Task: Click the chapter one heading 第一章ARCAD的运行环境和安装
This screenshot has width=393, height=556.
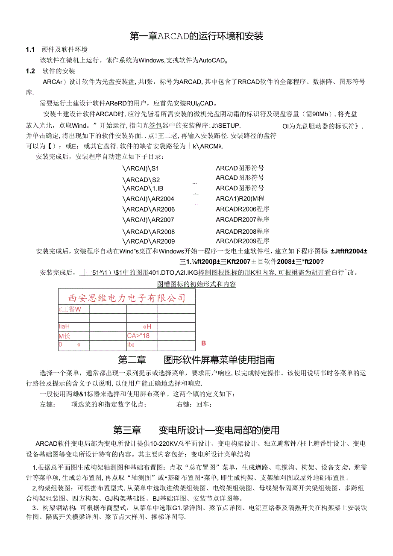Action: (x=196, y=36)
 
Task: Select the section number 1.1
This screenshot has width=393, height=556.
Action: (x=30, y=50)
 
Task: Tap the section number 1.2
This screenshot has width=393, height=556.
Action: (x=30, y=71)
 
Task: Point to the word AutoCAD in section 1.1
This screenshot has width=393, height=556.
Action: (x=212, y=60)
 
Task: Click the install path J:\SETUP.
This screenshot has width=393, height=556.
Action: (x=226, y=125)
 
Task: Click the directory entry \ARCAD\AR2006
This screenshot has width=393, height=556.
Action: (x=149, y=209)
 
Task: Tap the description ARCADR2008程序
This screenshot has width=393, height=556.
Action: (x=242, y=231)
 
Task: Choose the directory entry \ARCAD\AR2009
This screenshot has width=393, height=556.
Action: (x=149, y=241)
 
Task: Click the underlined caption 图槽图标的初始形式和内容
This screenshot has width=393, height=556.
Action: (x=196, y=284)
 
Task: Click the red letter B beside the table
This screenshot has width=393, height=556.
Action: (x=204, y=343)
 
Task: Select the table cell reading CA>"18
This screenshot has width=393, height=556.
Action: (x=138, y=335)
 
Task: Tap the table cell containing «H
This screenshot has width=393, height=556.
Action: (x=147, y=327)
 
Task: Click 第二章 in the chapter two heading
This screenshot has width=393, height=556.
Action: (x=132, y=359)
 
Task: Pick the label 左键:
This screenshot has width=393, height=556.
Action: (x=47, y=404)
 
